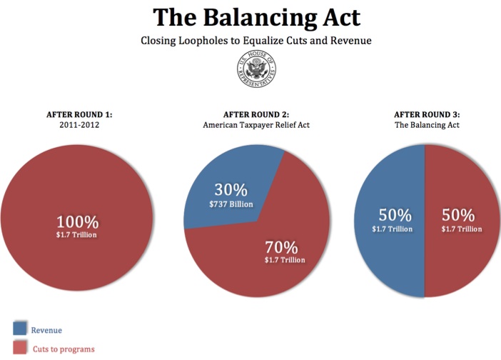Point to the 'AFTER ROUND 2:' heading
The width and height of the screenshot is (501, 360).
click(256, 114)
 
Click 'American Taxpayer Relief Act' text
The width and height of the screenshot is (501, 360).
click(256, 125)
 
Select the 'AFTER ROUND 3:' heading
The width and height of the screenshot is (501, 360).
click(427, 114)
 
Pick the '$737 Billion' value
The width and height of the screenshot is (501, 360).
click(231, 205)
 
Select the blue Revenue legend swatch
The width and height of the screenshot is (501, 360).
click(20, 329)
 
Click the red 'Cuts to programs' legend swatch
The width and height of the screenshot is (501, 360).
click(20, 348)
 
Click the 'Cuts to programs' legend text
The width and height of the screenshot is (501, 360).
click(64, 349)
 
